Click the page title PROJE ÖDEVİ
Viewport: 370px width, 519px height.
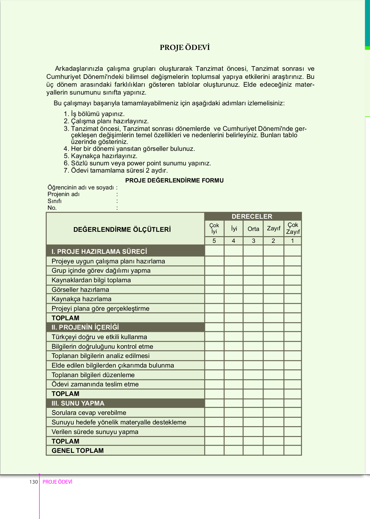(x=185, y=48)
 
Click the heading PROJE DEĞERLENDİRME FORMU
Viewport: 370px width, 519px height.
(x=174, y=180)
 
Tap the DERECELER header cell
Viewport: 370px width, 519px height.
(x=252, y=216)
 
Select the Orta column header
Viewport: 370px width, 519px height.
(x=253, y=229)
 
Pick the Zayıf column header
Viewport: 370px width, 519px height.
(x=273, y=229)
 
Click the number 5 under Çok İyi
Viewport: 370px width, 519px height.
(x=214, y=241)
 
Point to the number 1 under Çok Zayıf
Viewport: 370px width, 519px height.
(x=292, y=241)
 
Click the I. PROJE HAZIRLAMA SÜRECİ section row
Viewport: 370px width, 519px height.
(x=99, y=252)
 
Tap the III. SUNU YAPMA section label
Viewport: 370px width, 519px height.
(x=78, y=403)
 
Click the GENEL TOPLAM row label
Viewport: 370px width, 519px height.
(x=78, y=451)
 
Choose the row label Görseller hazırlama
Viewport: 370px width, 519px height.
(x=80, y=290)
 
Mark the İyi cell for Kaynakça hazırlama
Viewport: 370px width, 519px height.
(x=233, y=299)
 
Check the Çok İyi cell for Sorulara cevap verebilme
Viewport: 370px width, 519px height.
(x=214, y=413)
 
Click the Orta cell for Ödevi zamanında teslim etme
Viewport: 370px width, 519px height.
(x=253, y=384)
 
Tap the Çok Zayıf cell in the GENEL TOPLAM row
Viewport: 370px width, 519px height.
(x=292, y=451)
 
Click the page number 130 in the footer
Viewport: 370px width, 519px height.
(x=34, y=482)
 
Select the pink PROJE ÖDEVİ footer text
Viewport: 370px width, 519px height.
(x=57, y=482)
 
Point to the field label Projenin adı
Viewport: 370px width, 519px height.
(x=64, y=194)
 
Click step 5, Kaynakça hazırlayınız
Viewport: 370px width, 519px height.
(x=104, y=156)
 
